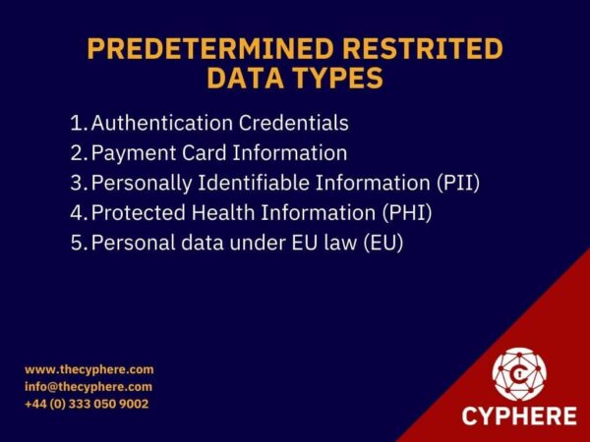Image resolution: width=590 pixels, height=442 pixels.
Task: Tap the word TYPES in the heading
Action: coord(331,79)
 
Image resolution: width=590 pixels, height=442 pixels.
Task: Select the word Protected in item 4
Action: coord(134,212)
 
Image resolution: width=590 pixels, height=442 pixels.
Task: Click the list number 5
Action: coord(77,242)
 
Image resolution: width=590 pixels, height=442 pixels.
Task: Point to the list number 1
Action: coord(77,124)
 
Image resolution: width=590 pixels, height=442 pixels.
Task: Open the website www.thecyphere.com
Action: coord(89,369)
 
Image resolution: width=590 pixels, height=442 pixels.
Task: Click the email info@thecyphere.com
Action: coord(88,387)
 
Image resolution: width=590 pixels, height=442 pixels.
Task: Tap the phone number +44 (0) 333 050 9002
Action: coord(87,404)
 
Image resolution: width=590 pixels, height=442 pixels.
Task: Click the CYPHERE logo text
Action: coord(519,415)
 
